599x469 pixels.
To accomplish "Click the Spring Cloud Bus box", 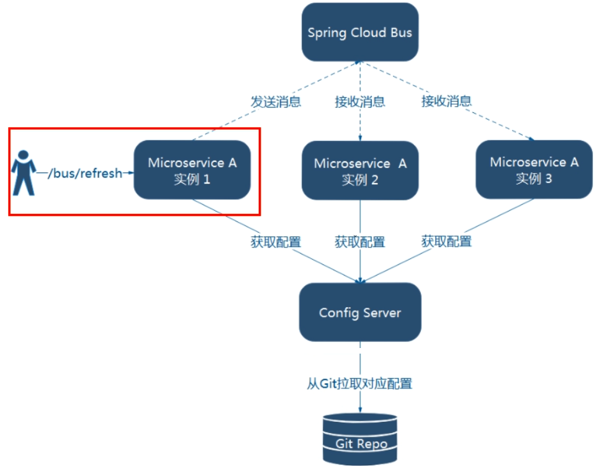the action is click(x=360, y=32).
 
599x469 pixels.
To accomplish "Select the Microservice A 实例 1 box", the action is click(x=192, y=170).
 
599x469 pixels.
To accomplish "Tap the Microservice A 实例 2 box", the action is click(x=360, y=171).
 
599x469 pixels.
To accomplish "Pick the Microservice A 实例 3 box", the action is click(x=534, y=169).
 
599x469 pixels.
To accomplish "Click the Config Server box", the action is click(x=360, y=313).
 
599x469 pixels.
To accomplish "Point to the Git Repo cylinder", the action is click(x=360, y=439).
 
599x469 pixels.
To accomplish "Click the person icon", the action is click(x=24, y=172).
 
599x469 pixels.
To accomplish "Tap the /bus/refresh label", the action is click(x=85, y=173).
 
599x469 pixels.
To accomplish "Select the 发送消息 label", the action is click(x=276, y=102).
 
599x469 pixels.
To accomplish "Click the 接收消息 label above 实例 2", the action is click(x=360, y=102).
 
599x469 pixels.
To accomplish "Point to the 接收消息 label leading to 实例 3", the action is click(x=446, y=101).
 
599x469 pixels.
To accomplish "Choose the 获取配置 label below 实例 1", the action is click(x=276, y=242).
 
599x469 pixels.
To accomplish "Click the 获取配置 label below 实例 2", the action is click(x=360, y=242).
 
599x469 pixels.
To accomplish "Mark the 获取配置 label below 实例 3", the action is click(x=446, y=241).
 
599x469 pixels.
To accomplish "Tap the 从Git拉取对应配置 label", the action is click(x=359, y=383).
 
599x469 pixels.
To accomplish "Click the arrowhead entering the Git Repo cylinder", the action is click(x=360, y=409).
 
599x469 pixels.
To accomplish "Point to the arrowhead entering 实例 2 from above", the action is click(x=360, y=138).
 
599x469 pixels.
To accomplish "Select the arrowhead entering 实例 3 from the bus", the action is click(x=531, y=138).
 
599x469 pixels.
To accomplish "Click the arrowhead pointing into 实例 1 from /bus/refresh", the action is click(x=130, y=173).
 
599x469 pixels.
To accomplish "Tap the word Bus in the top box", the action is click(x=401, y=32).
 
